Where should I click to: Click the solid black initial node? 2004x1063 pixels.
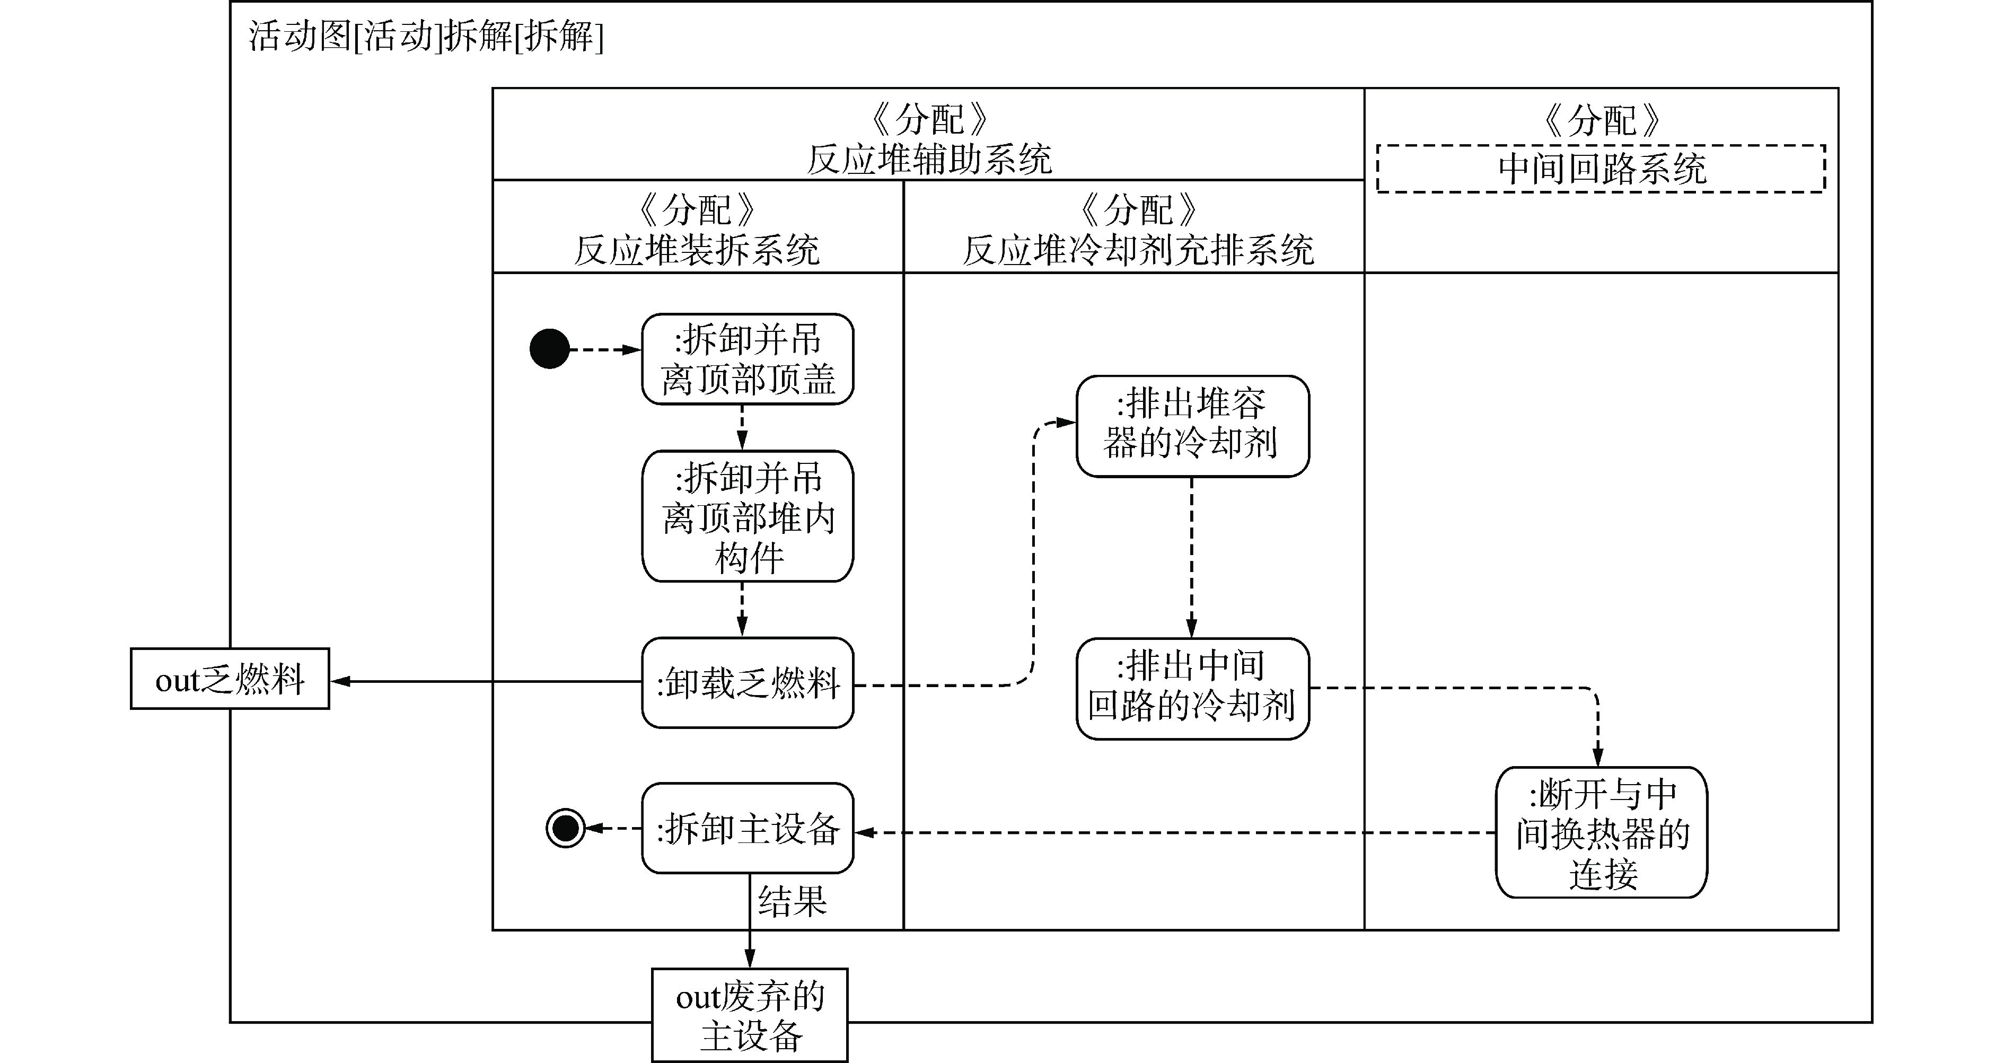(549, 349)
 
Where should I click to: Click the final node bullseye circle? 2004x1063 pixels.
(566, 828)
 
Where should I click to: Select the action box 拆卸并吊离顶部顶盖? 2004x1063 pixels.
(748, 359)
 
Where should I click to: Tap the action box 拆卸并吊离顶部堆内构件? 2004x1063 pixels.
(748, 516)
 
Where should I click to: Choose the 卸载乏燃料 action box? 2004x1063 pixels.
(748, 682)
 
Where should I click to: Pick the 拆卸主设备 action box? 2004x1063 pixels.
(748, 828)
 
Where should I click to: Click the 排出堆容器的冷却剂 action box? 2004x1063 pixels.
(1192, 426)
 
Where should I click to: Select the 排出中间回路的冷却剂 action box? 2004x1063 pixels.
(1192, 688)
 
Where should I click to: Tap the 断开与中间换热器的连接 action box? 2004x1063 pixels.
(1601, 833)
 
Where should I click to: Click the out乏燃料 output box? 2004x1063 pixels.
(230, 679)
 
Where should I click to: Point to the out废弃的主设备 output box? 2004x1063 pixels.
(749, 1015)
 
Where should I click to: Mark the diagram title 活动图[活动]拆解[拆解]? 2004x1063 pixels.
(426, 37)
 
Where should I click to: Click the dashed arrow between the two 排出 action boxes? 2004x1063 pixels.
(1192, 556)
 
